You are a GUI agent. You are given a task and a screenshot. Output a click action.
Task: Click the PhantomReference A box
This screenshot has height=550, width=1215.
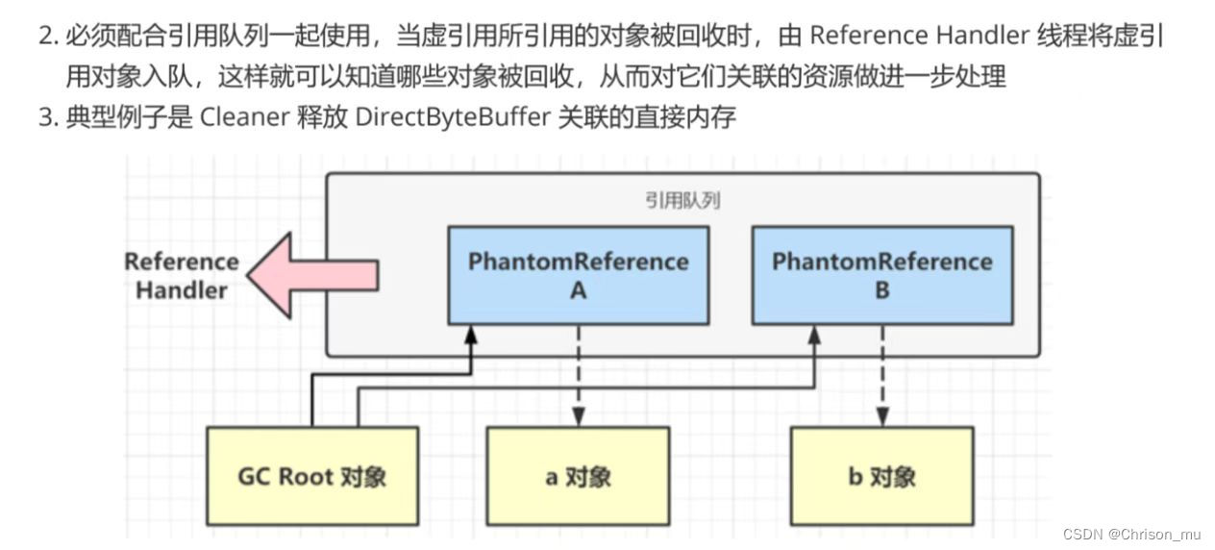click(x=578, y=275)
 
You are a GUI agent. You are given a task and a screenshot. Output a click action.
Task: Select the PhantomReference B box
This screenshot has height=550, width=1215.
click(x=881, y=275)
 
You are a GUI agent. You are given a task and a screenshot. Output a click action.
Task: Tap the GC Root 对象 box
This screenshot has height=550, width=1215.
click(x=312, y=476)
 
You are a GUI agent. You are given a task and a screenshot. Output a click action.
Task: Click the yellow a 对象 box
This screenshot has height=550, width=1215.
click(x=578, y=476)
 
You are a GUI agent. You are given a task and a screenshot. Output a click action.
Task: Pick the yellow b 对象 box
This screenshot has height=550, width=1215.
click(x=881, y=476)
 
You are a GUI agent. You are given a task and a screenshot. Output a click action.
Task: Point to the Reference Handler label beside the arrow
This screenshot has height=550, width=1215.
click(x=181, y=275)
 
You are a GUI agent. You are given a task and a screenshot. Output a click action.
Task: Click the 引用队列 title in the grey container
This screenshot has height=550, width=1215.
click(x=682, y=200)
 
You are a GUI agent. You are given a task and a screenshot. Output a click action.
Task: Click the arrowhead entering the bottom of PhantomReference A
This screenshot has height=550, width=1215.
click(x=471, y=334)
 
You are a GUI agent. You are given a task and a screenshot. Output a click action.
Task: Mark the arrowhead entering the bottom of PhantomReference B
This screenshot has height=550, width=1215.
click(x=814, y=334)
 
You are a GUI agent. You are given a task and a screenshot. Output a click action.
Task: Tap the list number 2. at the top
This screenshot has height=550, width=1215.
click(x=48, y=37)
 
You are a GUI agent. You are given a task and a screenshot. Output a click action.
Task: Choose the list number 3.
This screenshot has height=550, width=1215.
click(x=48, y=117)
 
